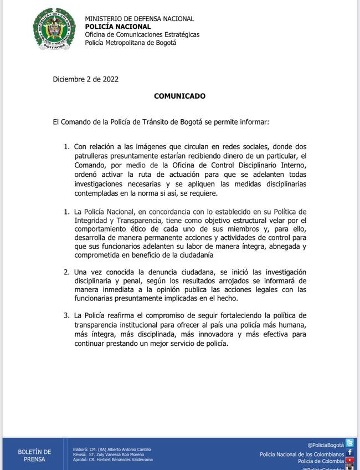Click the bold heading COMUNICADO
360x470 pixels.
179,96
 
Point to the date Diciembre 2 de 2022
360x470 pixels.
86,79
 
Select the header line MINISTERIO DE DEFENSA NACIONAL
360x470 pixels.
140,19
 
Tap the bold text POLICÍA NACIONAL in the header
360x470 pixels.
117,27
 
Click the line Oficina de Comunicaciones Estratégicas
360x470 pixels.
142,34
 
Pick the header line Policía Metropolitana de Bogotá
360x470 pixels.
131,43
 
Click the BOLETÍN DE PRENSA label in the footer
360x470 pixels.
34,456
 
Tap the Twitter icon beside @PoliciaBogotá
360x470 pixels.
349,443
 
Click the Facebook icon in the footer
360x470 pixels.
349,453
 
